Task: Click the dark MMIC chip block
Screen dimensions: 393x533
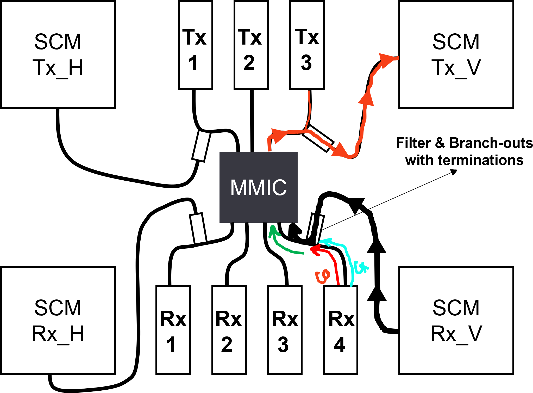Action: tap(258, 187)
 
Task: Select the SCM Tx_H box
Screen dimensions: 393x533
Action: tap(58, 54)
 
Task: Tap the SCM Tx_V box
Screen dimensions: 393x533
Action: tap(456, 54)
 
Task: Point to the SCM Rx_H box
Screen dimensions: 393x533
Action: tap(58, 320)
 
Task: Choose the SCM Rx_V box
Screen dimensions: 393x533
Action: tap(456, 320)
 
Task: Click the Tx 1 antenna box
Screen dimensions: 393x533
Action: tap(195, 45)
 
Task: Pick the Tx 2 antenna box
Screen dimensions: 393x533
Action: tap(251, 45)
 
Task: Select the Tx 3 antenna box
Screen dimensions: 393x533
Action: tap(307, 45)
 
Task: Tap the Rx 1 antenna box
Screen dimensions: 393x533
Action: tap(173, 330)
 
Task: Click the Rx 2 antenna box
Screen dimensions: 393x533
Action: tap(229, 330)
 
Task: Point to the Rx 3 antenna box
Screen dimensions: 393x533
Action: tap(285, 330)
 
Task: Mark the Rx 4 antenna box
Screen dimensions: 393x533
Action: tap(340, 330)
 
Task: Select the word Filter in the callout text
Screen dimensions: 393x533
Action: tap(413, 143)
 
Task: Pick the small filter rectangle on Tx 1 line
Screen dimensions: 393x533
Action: tap(201, 146)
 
